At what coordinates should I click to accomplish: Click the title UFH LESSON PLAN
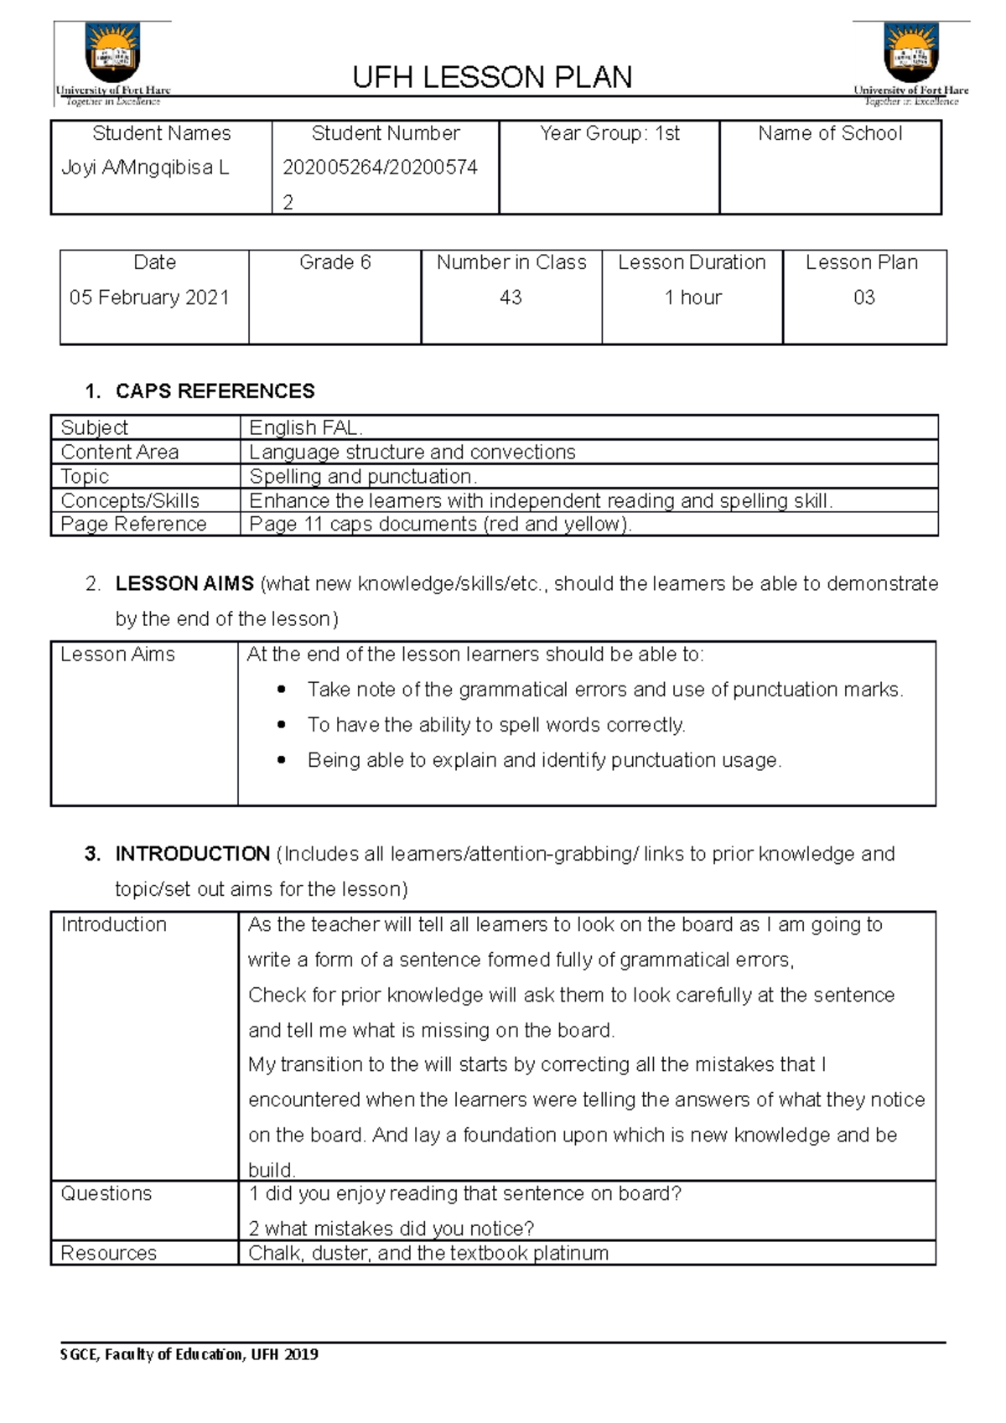point(492,77)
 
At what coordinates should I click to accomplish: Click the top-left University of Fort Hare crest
point(112,53)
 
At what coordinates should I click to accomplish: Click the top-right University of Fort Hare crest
point(911,53)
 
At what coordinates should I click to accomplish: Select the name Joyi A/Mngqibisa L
point(145,168)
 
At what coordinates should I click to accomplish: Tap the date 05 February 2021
point(149,298)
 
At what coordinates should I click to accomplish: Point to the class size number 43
point(511,298)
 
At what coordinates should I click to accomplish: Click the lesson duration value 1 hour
point(692,298)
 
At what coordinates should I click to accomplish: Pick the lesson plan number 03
point(864,298)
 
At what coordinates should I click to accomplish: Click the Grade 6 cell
point(334,263)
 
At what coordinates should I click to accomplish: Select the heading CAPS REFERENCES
point(215,391)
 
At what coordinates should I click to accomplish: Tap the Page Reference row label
point(133,524)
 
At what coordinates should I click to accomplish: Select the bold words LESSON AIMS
point(184,583)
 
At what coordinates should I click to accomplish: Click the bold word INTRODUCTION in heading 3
point(192,854)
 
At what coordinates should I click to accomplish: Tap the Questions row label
point(106,1193)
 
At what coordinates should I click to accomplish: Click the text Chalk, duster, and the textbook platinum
point(428,1253)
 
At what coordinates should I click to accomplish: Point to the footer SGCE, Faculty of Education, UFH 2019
point(189,1354)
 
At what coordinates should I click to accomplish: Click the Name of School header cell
point(830,133)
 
